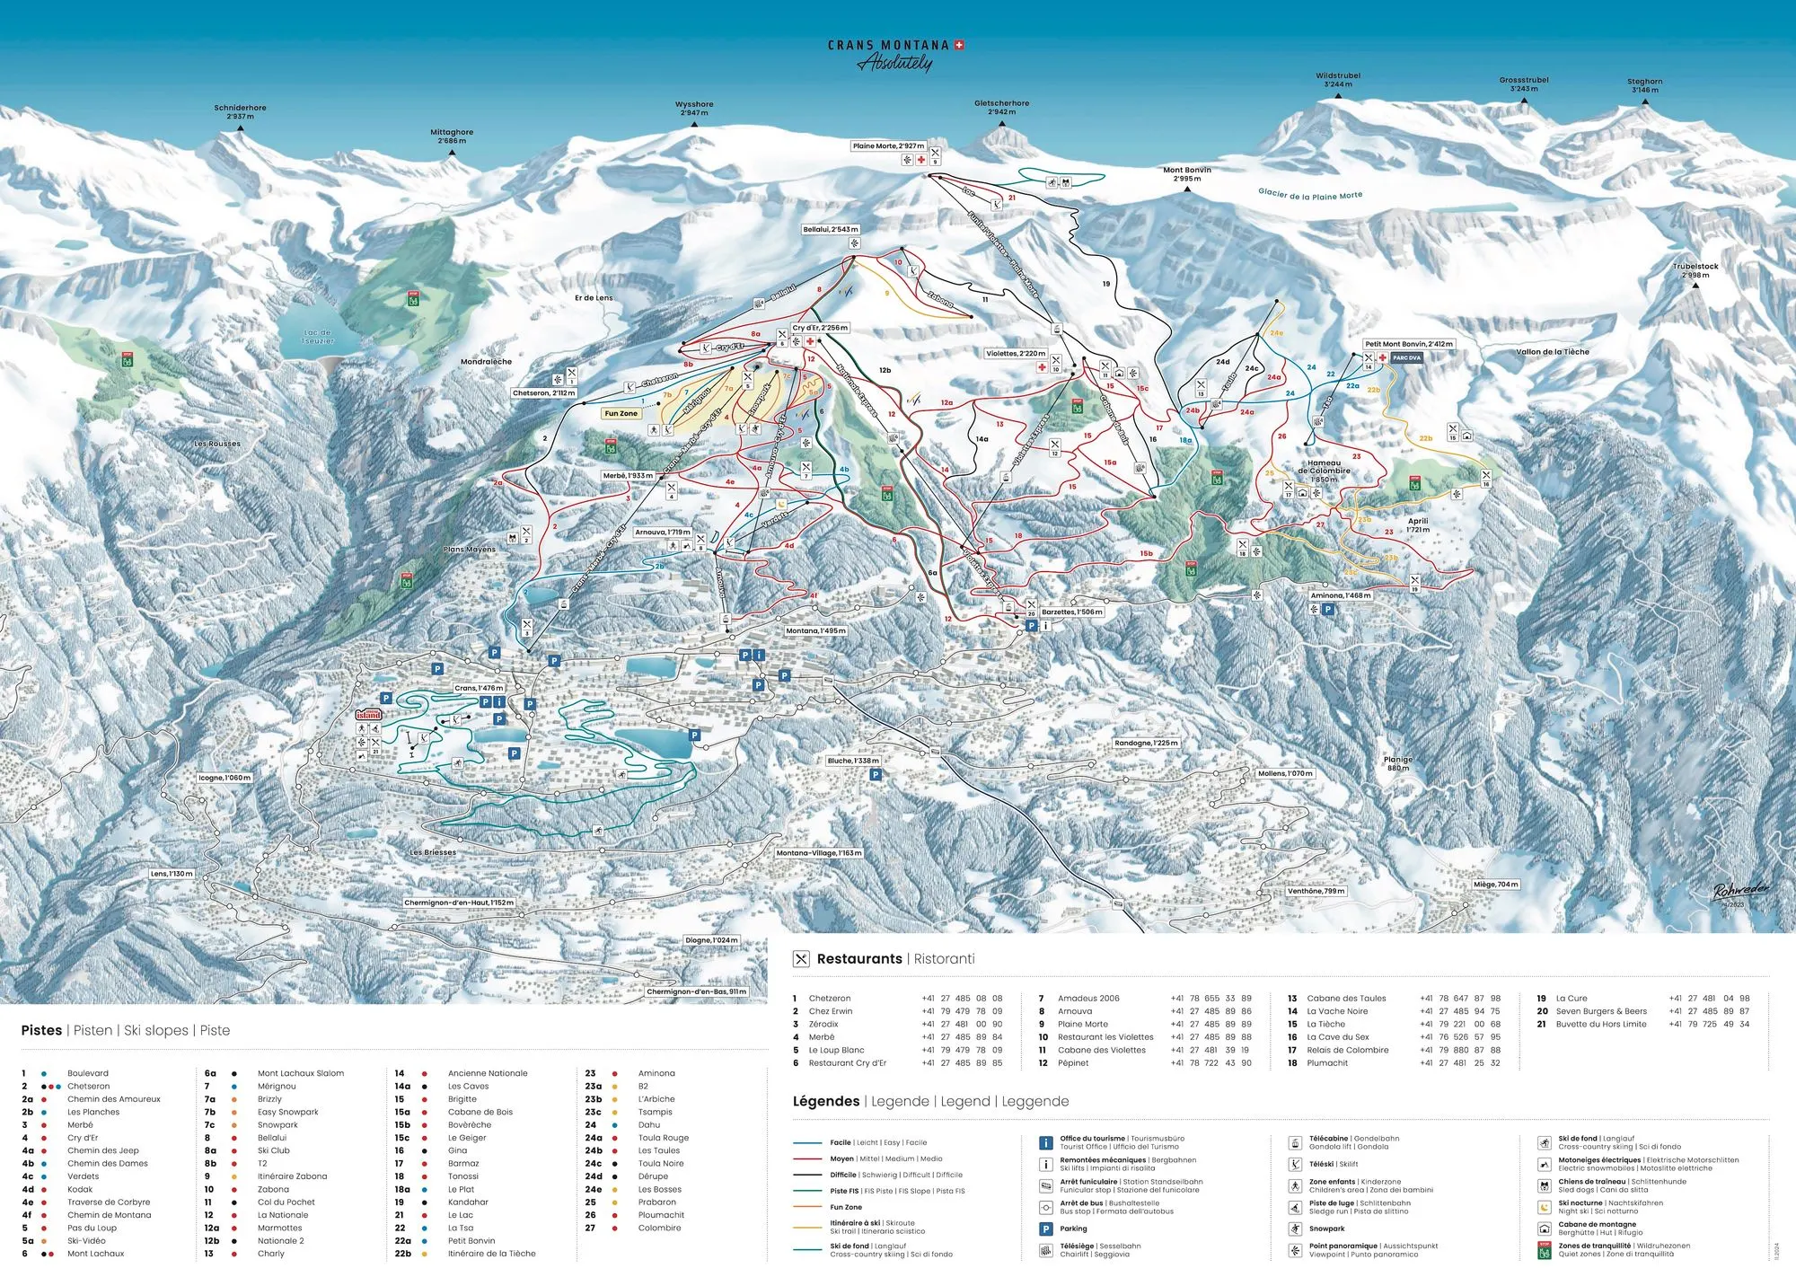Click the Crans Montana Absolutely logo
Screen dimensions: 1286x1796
coord(895,55)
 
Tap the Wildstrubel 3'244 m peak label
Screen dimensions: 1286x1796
coord(1337,80)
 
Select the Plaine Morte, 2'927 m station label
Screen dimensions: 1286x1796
coord(888,145)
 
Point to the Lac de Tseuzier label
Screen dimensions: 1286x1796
coord(317,337)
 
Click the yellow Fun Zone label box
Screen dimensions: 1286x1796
coord(621,414)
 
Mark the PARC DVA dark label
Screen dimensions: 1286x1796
coord(1406,357)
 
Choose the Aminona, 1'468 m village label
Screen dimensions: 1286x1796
coord(1340,595)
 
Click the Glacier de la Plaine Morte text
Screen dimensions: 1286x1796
coord(1309,194)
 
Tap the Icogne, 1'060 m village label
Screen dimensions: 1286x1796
coord(224,778)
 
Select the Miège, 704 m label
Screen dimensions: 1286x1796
coord(1495,885)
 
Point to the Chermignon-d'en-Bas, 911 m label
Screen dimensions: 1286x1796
coord(696,992)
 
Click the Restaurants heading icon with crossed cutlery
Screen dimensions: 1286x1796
coord(801,959)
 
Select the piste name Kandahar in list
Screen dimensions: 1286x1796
coord(468,1202)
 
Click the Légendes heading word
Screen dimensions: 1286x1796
coord(825,1101)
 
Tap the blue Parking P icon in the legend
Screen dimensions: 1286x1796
coord(1045,1229)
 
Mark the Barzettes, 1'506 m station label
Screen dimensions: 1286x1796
coord(1071,612)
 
